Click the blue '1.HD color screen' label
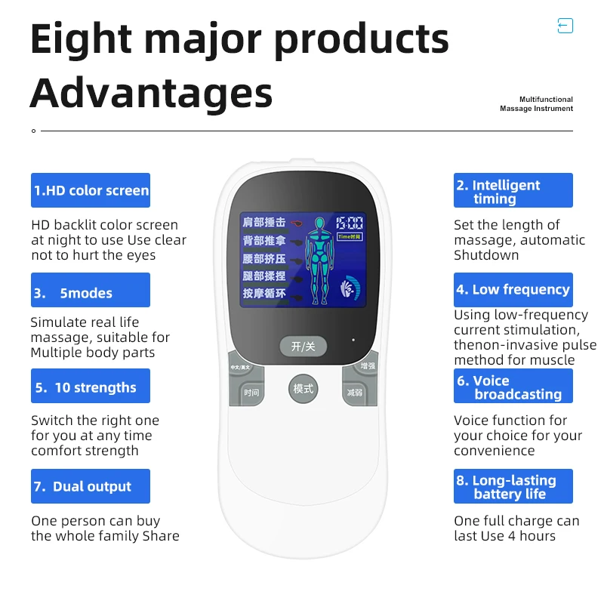coord(91,190)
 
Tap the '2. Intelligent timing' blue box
coord(513,191)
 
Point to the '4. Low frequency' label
coord(513,290)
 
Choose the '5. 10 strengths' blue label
coord(91,387)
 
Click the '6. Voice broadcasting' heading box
coord(513,387)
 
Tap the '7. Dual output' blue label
coord(91,486)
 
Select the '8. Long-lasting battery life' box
coord(513,486)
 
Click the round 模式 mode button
coord(303,390)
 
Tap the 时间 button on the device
coord(251,393)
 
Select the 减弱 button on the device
coord(355,393)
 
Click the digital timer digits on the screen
coord(350,223)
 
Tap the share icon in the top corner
coord(565,26)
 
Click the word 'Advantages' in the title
coord(151,94)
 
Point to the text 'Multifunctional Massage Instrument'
coord(536,104)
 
